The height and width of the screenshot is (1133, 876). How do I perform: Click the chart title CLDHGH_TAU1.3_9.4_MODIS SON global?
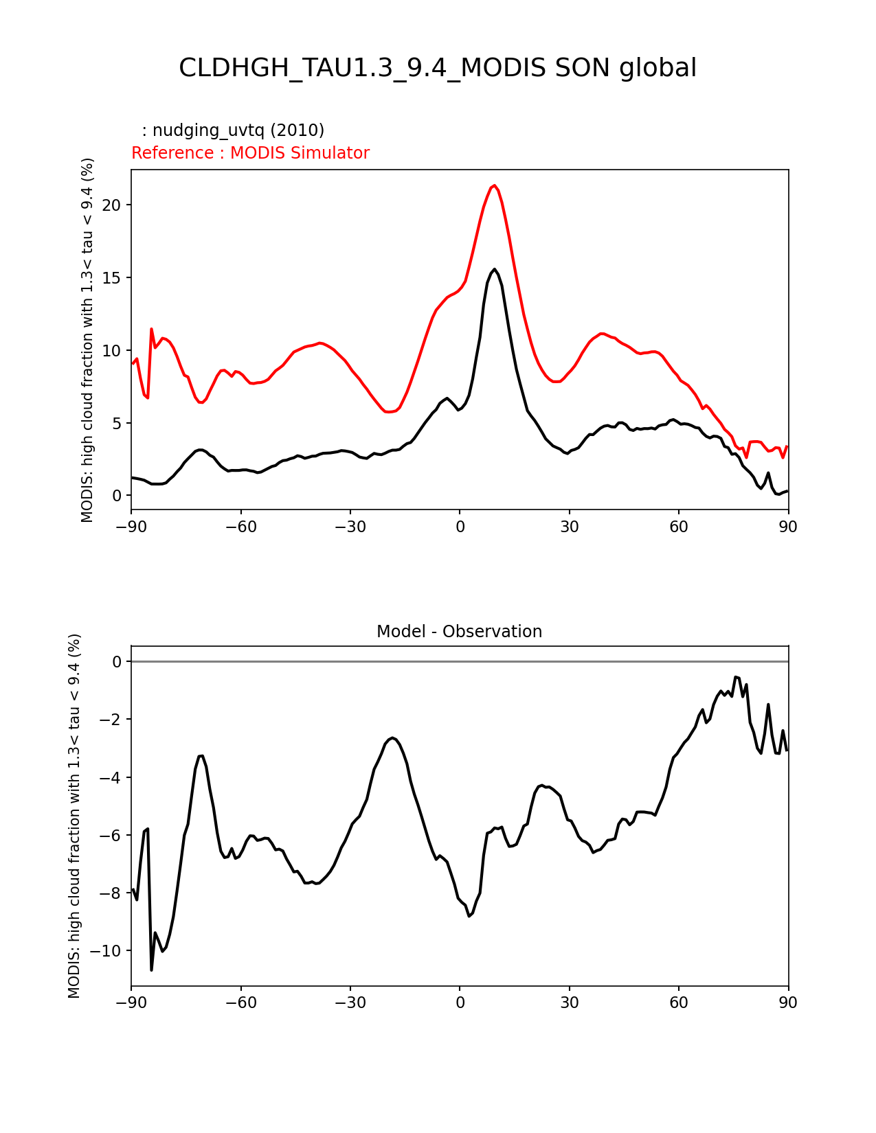438,68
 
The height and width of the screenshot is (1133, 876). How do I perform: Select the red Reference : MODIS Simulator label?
250,153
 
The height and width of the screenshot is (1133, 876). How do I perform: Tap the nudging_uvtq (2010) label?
233,130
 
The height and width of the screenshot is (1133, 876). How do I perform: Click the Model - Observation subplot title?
459,632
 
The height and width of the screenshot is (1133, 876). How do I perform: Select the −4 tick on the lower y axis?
112,778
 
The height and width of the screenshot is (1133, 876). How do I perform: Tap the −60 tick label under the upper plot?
240,527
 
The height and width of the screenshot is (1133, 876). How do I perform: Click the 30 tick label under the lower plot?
569,1003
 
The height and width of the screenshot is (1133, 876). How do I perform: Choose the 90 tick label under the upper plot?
788,527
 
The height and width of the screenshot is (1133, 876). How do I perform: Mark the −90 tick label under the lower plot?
131,1003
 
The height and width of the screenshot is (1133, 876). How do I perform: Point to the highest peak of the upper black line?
494,269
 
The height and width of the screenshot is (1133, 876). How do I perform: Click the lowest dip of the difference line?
152,969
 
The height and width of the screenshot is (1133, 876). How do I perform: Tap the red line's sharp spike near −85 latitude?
151,329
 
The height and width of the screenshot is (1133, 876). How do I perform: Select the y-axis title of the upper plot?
87,340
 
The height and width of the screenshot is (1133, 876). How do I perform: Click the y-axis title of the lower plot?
74,816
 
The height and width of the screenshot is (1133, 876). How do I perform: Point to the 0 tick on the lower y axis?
117,662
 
